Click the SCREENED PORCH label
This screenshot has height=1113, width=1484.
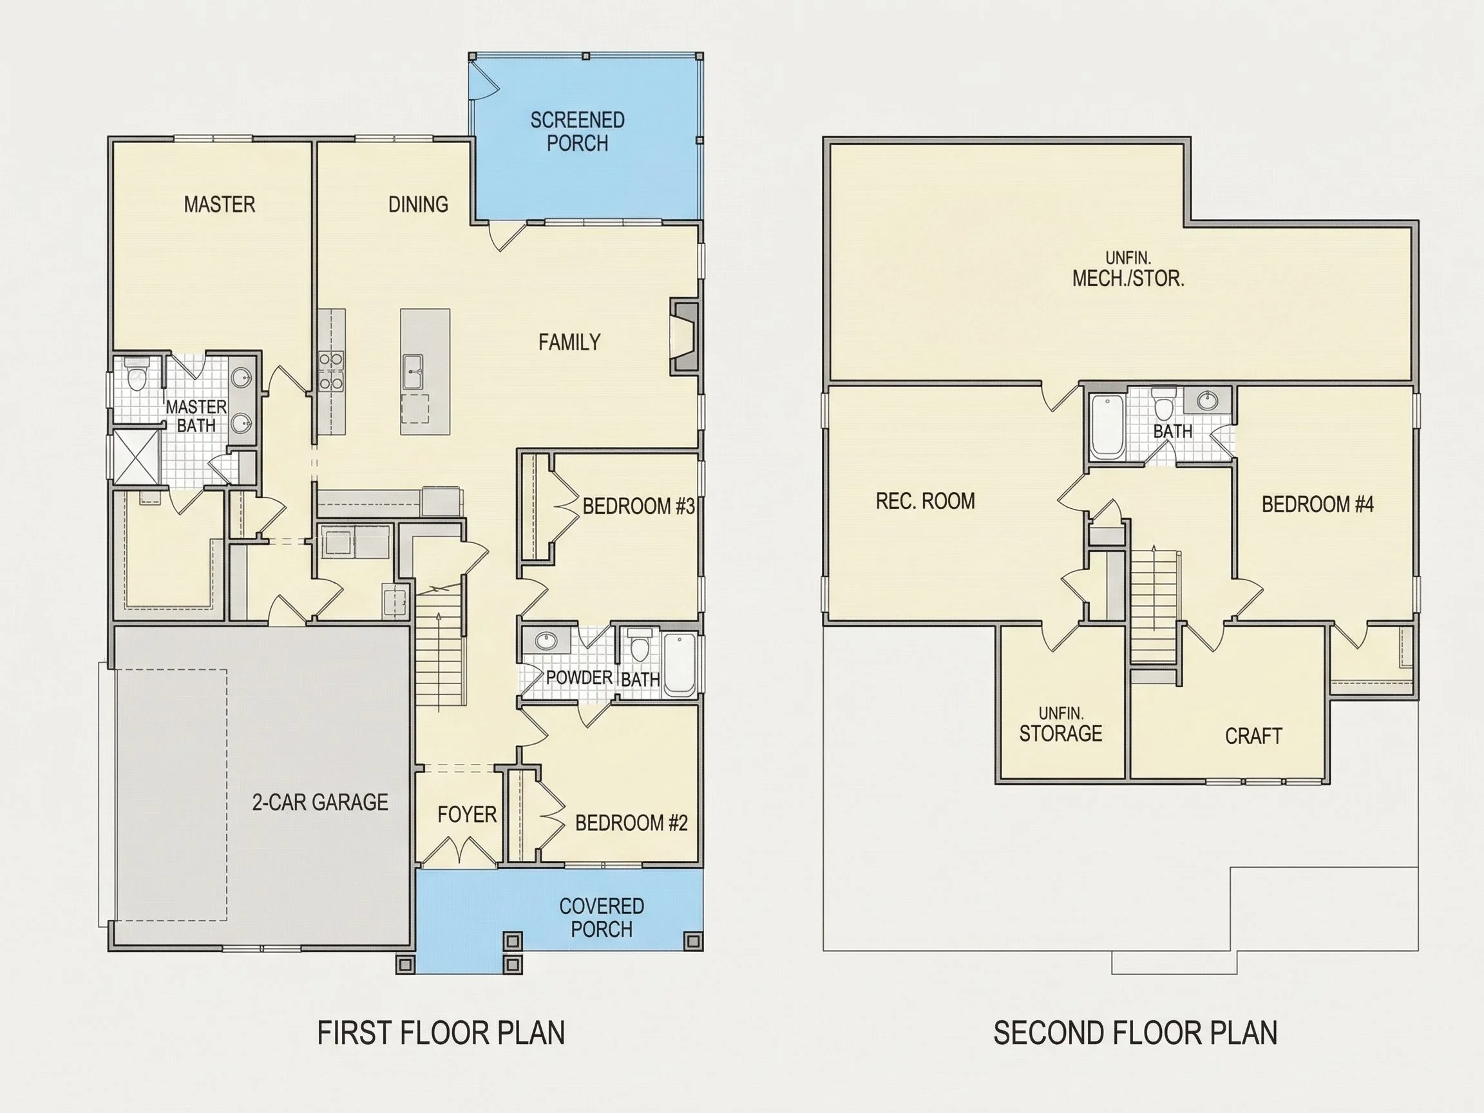pos(577,131)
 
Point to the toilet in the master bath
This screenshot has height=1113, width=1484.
pos(136,374)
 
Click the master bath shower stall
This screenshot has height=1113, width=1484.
pos(135,457)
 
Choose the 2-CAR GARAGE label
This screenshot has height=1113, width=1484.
pos(320,803)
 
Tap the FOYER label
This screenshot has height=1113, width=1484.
pos(467,814)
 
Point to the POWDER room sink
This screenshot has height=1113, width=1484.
pos(546,641)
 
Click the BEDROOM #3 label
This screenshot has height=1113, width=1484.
pos(638,506)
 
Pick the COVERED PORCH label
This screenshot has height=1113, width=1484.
pos(601,918)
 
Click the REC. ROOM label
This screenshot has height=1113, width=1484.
pos(925,501)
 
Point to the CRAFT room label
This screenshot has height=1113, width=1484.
pos(1253,737)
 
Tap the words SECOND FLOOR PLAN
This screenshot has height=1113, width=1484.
pos(1135,1033)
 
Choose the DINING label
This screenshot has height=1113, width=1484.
pos(418,204)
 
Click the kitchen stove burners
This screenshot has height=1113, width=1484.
pos(331,371)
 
